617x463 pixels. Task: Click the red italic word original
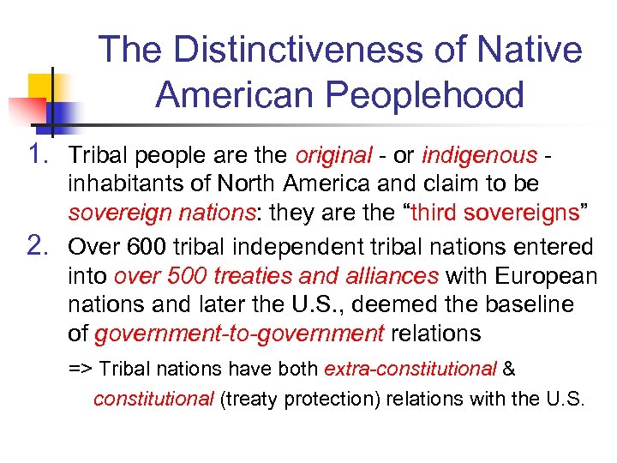click(333, 156)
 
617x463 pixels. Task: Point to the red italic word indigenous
click(477, 156)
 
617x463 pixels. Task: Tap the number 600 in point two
click(150, 248)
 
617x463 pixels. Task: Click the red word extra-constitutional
click(410, 370)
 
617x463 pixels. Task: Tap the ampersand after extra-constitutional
click(508, 370)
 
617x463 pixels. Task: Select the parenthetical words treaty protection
click(290, 399)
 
